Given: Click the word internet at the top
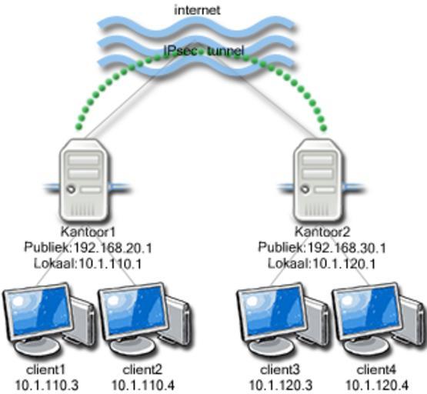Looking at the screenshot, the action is click(x=197, y=10).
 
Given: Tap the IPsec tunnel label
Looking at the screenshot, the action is click(x=203, y=51).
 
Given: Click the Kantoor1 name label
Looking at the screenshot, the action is click(x=88, y=232).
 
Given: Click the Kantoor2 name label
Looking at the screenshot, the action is click(x=322, y=232).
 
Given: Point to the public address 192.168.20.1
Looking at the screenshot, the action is click(x=113, y=248).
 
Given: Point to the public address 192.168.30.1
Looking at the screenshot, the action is click(x=346, y=248).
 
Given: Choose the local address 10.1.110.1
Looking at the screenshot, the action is click(x=110, y=264).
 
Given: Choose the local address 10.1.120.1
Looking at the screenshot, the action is click(x=344, y=264).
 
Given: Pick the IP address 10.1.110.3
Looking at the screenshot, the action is click(x=47, y=386).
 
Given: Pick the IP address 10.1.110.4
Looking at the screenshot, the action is click(x=143, y=386).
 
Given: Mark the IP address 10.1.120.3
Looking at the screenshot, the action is click(x=281, y=386).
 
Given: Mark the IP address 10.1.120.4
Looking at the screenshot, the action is click(x=377, y=386).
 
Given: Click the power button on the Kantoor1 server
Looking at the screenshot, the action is click(x=72, y=189).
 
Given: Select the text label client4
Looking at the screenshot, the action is click(x=377, y=370).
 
